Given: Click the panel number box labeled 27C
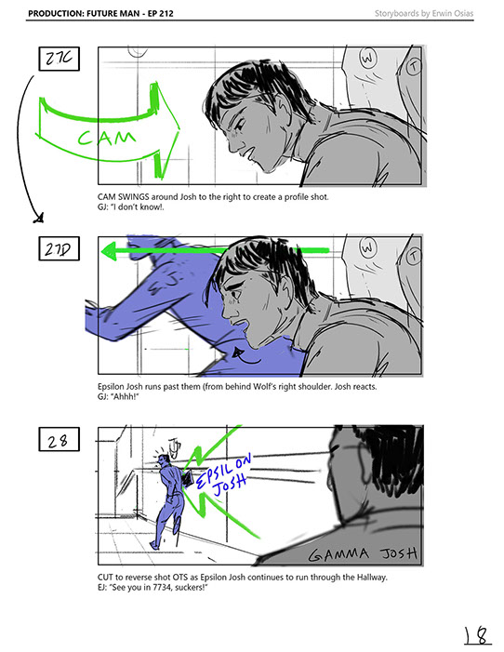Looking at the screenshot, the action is tap(60, 59).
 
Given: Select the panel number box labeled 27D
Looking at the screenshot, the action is tap(60, 248).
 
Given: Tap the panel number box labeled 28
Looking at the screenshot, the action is tap(60, 439).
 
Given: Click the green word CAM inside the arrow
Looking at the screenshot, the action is tap(106, 138).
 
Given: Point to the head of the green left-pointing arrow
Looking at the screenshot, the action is tap(109, 251).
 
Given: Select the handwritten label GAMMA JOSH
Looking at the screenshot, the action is tap(363, 553).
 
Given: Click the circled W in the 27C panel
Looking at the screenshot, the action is tap(367, 58).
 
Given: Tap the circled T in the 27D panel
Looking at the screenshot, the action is tap(413, 256).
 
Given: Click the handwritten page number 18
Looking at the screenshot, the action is tap(477, 635).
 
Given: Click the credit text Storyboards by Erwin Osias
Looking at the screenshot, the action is tap(424, 13).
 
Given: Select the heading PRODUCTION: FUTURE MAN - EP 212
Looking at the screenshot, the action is tap(100, 13).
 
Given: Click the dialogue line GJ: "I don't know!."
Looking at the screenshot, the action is tap(130, 207).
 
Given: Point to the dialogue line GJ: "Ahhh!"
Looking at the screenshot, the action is tap(118, 396).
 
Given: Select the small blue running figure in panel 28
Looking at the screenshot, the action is tap(168, 499).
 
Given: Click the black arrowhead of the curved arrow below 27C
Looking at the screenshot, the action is tap(39, 218).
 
